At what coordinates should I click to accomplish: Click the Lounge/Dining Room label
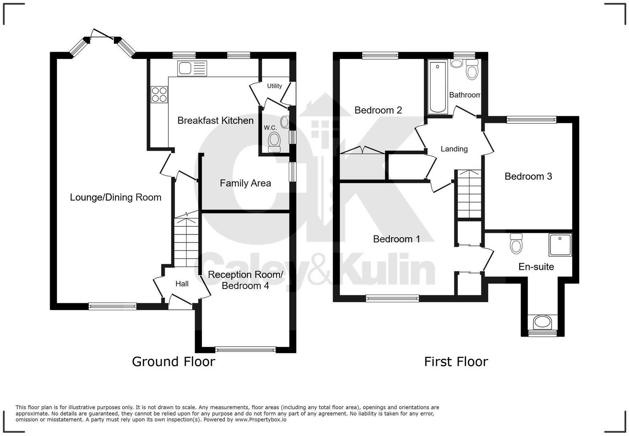tap(116, 197)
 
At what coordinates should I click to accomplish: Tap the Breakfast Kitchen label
tap(215, 120)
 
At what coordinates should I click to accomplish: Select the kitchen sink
tap(191, 68)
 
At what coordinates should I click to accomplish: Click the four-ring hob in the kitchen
tap(159, 95)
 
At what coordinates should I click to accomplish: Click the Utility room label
tap(274, 86)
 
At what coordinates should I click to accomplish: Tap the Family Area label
tap(245, 183)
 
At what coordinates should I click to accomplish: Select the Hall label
tap(182, 284)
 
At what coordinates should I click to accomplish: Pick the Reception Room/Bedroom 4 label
tap(245, 280)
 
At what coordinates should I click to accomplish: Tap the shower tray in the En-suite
tap(560, 245)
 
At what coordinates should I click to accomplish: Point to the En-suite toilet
tap(516, 244)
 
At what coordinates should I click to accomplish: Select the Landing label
tap(454, 149)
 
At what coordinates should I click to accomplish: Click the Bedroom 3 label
tap(528, 176)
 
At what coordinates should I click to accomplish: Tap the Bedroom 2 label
tap(378, 110)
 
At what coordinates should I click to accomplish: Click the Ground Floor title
tap(173, 361)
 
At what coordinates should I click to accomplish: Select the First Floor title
tap(456, 361)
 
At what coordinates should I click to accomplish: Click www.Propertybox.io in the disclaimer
tap(260, 420)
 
